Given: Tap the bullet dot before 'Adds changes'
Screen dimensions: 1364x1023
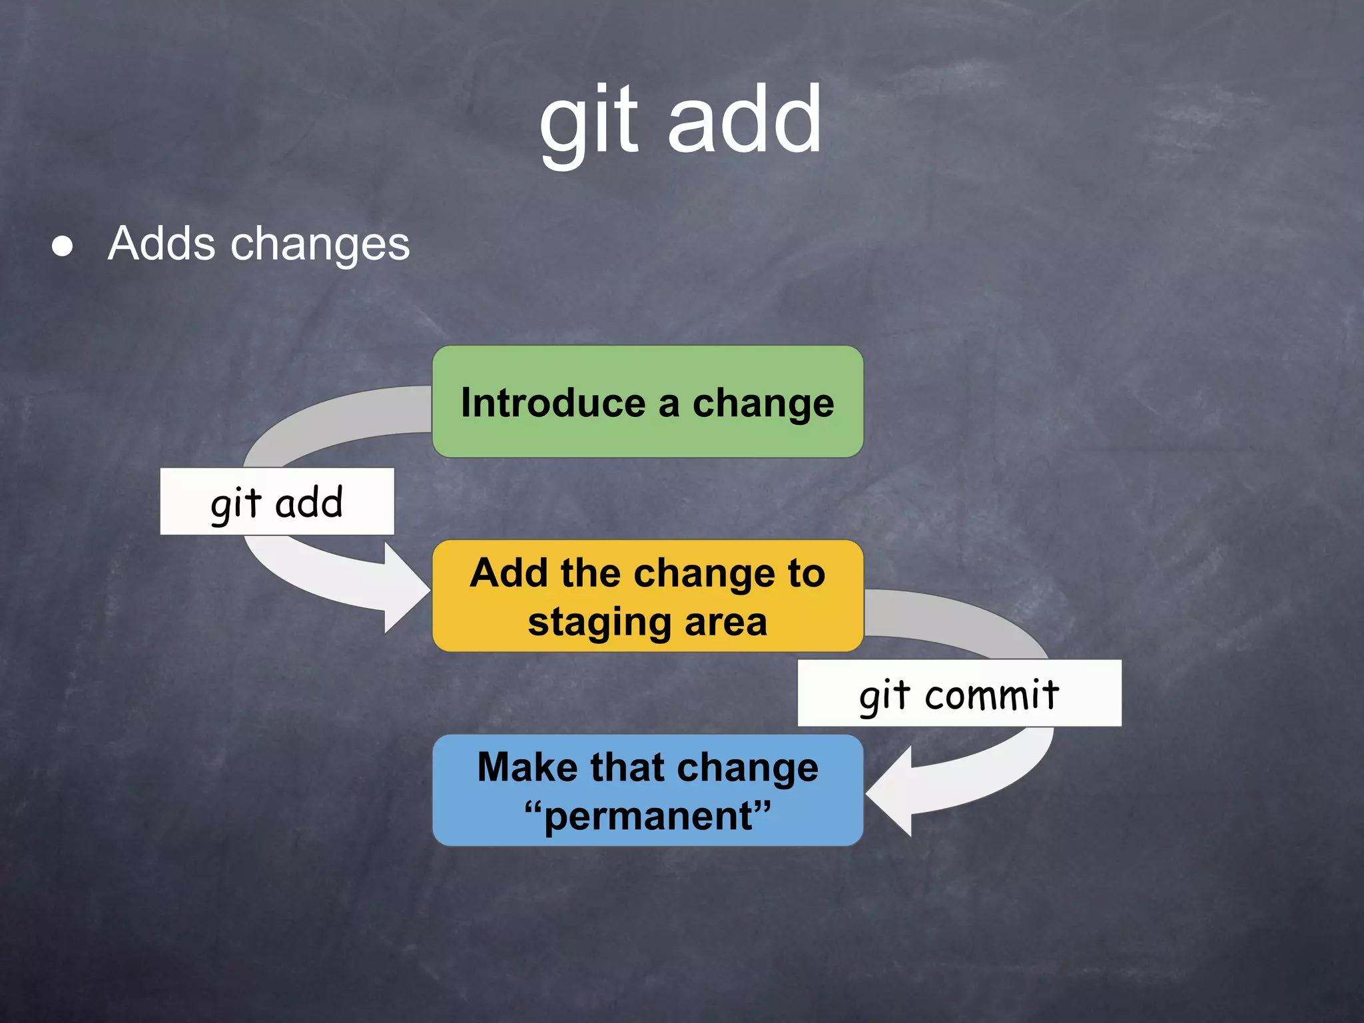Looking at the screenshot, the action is point(63,246).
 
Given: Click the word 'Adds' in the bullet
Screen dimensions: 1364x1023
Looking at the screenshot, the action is point(161,244).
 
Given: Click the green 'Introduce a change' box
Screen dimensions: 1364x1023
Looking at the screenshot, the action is point(647,402).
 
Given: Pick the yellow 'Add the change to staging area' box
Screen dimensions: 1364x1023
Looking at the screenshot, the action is point(647,596).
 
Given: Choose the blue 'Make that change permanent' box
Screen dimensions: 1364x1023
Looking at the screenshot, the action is point(647,791).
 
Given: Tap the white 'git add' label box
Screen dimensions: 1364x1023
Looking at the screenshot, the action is point(277,502).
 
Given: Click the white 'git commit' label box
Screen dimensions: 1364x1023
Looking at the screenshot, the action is point(959,693).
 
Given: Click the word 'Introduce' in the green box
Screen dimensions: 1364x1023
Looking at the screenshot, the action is point(553,403).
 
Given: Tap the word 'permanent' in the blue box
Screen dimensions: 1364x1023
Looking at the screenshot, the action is point(647,817).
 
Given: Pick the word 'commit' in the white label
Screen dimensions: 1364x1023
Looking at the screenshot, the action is point(992,695).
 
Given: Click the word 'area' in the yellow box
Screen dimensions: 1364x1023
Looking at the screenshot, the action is point(726,622).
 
